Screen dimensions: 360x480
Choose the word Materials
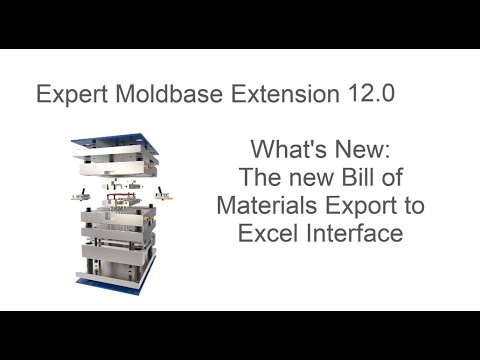(x=264, y=207)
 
